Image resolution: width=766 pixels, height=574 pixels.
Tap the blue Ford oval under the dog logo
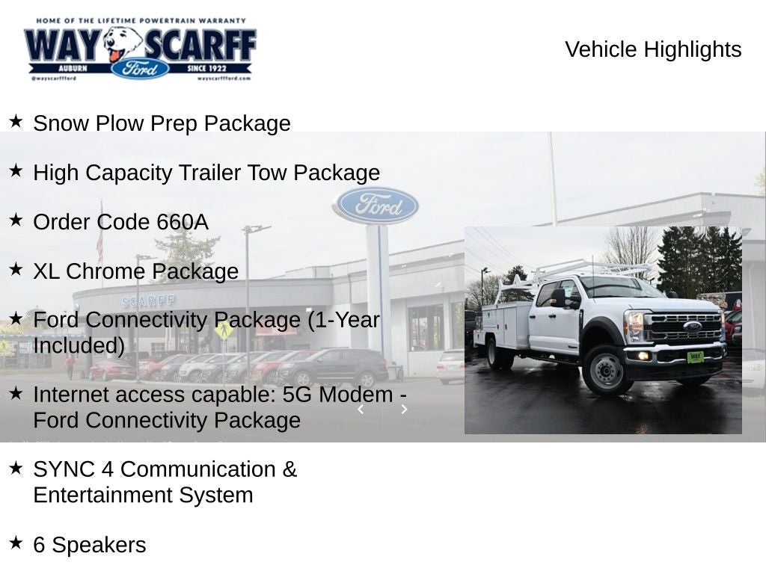[140, 69]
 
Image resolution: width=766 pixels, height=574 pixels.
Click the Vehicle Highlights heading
[653, 49]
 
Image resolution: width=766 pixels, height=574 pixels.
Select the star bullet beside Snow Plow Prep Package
[16, 121]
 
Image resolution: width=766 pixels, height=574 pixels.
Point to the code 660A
[183, 222]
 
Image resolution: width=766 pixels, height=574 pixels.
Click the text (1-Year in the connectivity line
[343, 320]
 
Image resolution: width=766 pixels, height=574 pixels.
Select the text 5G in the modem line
[299, 394]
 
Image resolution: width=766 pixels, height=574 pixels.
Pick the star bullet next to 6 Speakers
[16, 543]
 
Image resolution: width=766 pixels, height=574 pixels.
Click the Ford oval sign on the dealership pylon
[376, 206]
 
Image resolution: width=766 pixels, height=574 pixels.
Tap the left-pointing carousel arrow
[361, 409]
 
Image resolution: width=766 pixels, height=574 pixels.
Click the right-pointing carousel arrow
[404, 409]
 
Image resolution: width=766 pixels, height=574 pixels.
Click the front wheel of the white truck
[607, 370]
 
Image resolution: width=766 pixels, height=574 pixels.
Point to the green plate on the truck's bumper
[695, 357]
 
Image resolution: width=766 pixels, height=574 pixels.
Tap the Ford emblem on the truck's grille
[692, 326]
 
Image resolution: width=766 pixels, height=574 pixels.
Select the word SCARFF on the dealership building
[149, 300]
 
